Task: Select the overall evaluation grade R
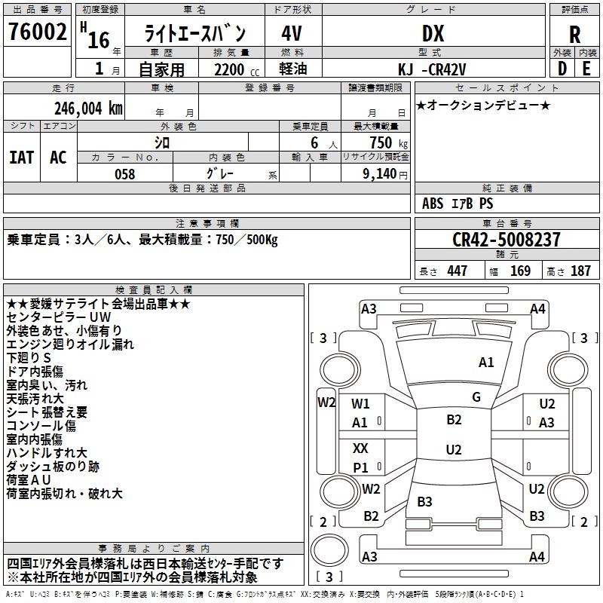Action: pos(574,35)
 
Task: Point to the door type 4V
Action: pos(292,34)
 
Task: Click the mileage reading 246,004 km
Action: pos(88,108)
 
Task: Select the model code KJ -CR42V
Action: pos(432,69)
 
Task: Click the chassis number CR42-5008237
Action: pos(507,240)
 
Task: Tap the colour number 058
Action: pos(124,174)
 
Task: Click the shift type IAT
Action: pos(21,158)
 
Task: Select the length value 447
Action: pos(457,271)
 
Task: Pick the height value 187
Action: pos(580,271)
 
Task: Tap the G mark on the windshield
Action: pos(476,397)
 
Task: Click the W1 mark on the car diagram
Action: pos(361,404)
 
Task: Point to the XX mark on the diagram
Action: pos(361,448)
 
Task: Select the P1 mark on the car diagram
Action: pos(361,468)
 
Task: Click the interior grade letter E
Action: pos(586,69)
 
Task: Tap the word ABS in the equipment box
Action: pos(433,204)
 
